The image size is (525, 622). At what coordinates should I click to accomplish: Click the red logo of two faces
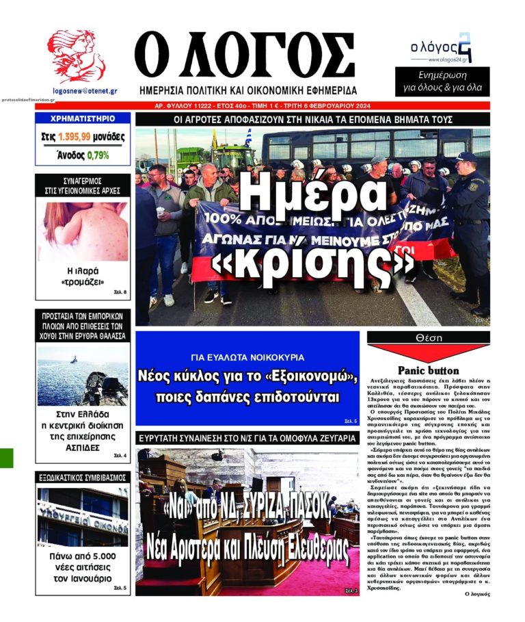pyautogui.click(x=76, y=57)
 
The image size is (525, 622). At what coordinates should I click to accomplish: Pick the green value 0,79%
pyautogui.click(x=98, y=155)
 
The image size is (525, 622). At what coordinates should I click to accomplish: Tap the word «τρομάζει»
pyautogui.click(x=82, y=282)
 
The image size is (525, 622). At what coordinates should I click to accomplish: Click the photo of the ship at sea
pyautogui.click(x=82, y=376)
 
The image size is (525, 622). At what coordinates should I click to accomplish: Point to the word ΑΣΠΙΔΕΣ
pyautogui.click(x=82, y=448)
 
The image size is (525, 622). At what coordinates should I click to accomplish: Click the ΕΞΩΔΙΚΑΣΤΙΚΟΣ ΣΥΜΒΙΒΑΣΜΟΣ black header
pyautogui.click(x=82, y=477)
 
